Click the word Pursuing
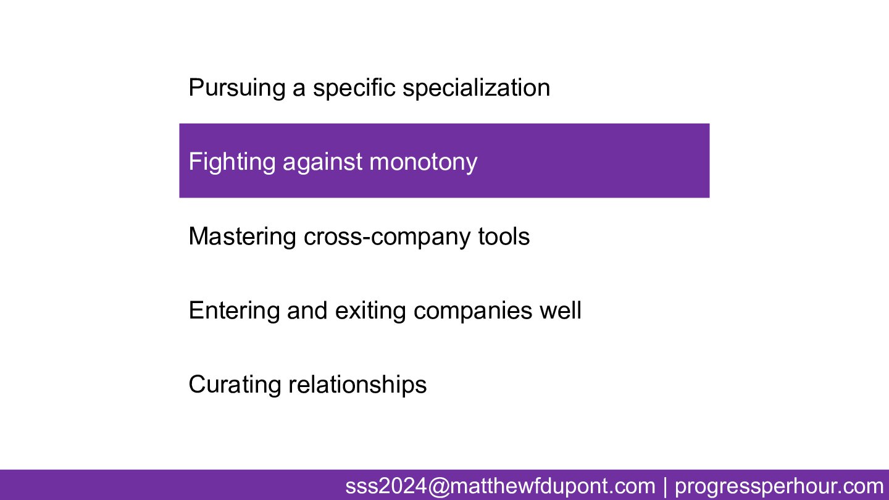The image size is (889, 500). pyautogui.click(x=237, y=88)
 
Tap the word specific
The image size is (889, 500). pyautogui.click(x=354, y=88)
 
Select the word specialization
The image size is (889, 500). pyautogui.click(x=476, y=87)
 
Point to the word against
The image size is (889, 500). pyautogui.click(x=322, y=162)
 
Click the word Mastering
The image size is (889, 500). pyautogui.click(x=242, y=237)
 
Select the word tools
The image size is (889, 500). pyautogui.click(x=504, y=236)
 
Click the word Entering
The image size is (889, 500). pyautogui.click(x=234, y=310)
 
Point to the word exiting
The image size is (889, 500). pyautogui.click(x=370, y=310)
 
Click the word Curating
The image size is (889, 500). pyautogui.click(x=235, y=385)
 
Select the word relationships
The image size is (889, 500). pyautogui.click(x=357, y=385)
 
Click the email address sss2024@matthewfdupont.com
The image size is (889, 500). pyautogui.click(x=500, y=486)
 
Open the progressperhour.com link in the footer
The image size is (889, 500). pyautogui.click(x=779, y=487)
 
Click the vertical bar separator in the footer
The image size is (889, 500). pyautogui.click(x=665, y=486)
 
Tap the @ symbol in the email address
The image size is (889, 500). pyautogui.click(x=439, y=486)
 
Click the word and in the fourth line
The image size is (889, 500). pyautogui.click(x=307, y=310)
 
